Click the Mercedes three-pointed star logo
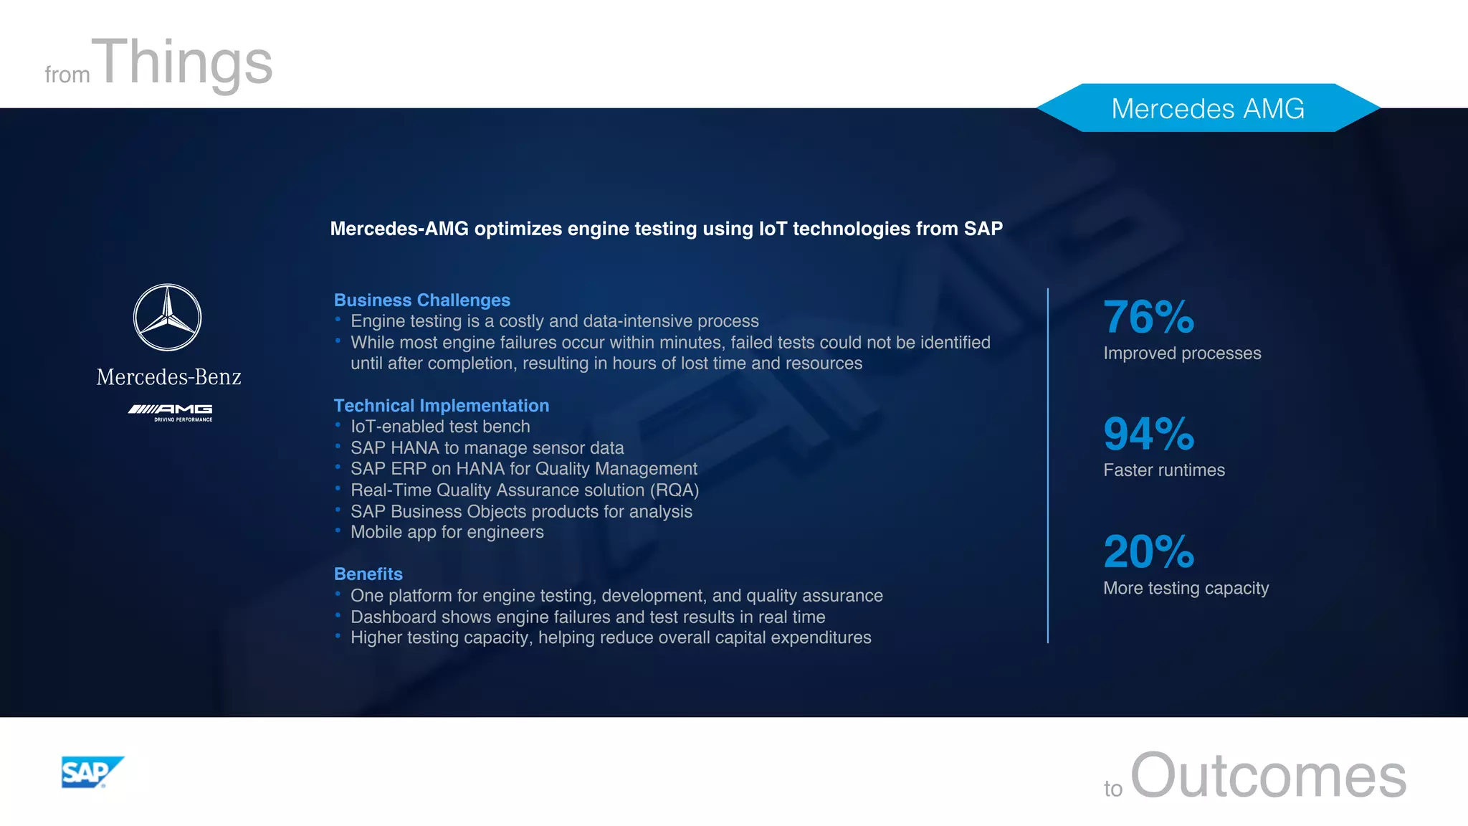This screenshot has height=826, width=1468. [x=168, y=318]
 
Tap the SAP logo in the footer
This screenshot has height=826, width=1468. [x=92, y=772]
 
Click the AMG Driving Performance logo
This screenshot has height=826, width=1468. [x=171, y=412]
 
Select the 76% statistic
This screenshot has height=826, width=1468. [x=1148, y=317]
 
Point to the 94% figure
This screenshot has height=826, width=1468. [x=1148, y=434]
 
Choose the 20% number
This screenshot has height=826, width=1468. [x=1148, y=551]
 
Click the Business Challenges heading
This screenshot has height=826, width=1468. [x=421, y=300]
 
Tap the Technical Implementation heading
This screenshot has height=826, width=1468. [x=441, y=405]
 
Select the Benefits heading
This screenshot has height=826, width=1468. [x=368, y=574]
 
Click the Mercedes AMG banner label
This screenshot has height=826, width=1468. [x=1207, y=108]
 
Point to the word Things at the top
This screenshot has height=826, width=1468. [x=185, y=63]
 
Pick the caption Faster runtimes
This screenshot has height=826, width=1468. [x=1163, y=470]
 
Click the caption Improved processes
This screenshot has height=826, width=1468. [x=1181, y=353]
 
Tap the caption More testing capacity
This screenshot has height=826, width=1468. [x=1186, y=588]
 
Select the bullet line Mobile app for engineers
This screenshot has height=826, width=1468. [x=447, y=532]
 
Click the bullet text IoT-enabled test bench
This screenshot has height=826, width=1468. [x=440, y=427]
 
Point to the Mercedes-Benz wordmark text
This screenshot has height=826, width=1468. [x=169, y=377]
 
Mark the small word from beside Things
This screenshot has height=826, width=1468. [x=67, y=75]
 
